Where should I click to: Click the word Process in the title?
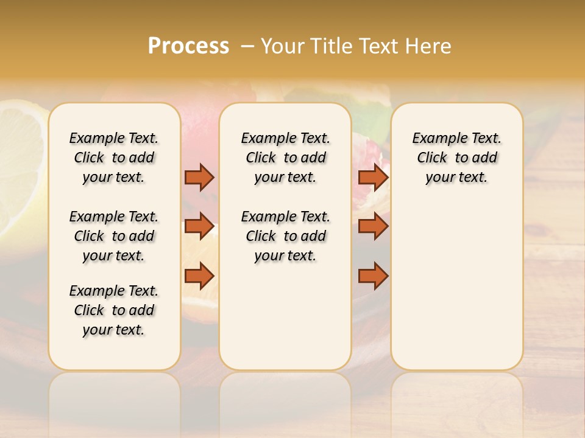point(188,46)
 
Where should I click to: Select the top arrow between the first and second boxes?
point(199,177)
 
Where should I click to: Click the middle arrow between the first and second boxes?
point(199,226)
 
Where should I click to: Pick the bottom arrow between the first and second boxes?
point(199,276)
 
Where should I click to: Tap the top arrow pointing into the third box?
point(373,177)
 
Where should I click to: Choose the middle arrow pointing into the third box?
point(373,226)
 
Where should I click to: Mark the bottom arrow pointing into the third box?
point(373,276)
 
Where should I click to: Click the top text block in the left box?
point(114,158)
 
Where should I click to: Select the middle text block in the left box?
point(114,236)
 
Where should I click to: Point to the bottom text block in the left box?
point(114,310)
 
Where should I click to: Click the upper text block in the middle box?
point(285,158)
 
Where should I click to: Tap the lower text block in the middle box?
point(285,236)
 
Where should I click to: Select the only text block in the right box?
point(457,158)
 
